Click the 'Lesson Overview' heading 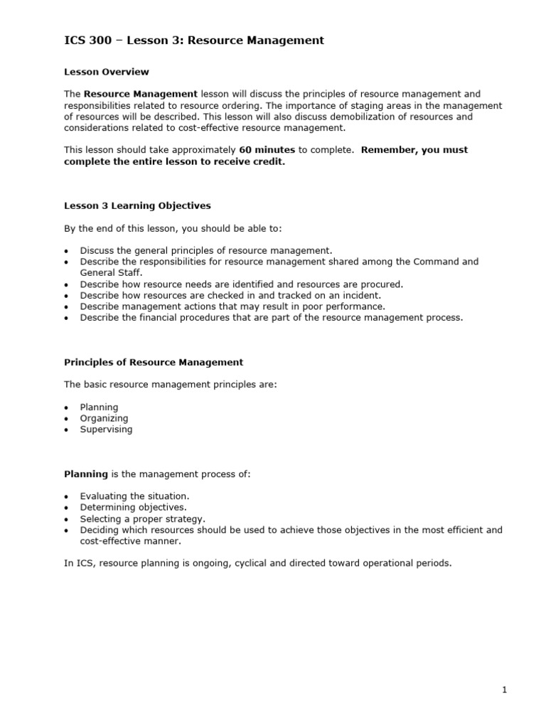tap(107, 72)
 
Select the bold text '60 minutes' tap(267, 150)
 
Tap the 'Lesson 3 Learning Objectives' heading tap(137, 205)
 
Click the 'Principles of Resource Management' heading tap(154, 362)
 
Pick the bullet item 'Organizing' tap(104, 419)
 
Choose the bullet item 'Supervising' tap(106, 429)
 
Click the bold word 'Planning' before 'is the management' tap(86, 473)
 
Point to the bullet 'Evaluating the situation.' tap(134, 496)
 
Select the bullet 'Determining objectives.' tap(133, 508)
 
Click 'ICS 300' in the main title tap(87, 41)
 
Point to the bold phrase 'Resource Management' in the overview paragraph tap(141, 94)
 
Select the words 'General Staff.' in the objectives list tap(112, 272)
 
